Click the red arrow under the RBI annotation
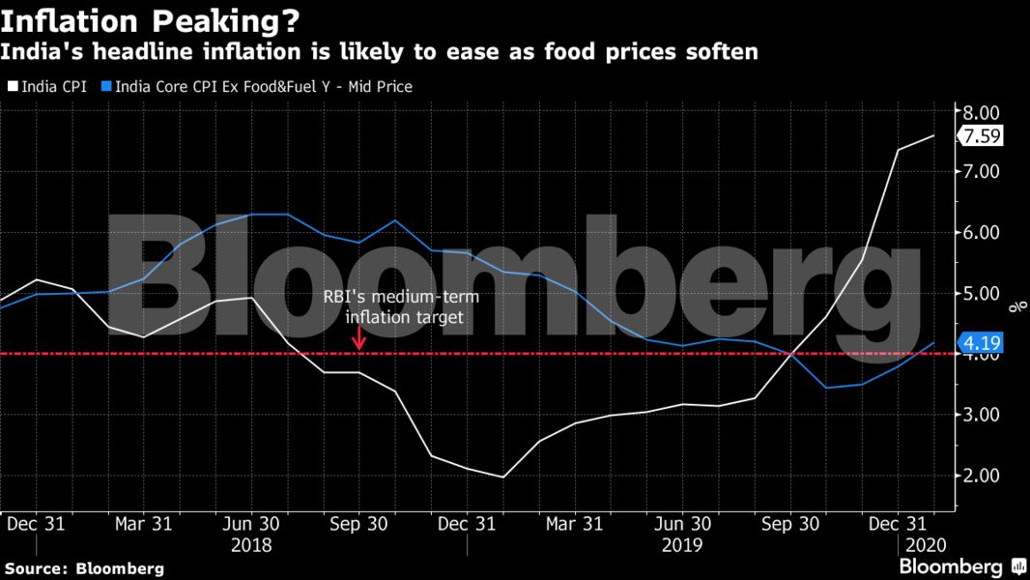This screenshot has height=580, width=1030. (358, 338)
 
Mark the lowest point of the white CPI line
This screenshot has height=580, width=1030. (502, 477)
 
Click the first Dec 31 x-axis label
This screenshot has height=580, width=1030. (36, 524)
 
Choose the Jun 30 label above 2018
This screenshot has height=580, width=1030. (251, 524)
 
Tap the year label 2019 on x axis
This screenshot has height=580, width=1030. (681, 544)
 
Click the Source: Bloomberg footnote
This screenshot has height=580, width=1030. (84, 568)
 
